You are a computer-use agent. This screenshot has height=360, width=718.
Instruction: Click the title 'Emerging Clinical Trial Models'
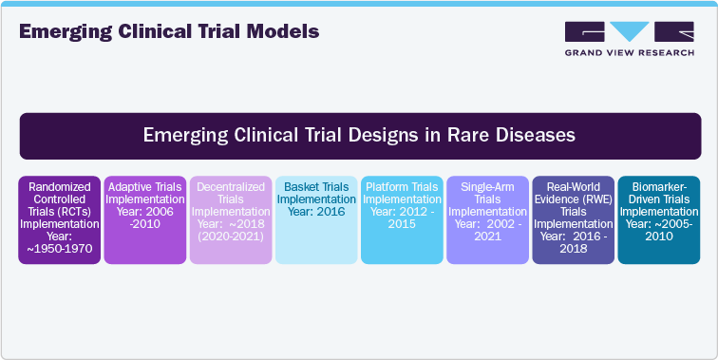[169, 31]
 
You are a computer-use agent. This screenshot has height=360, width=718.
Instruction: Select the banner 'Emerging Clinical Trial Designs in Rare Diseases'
[360, 135]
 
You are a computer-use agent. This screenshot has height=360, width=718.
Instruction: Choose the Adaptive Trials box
[144, 219]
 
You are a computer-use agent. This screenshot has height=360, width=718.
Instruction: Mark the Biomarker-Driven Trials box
[658, 219]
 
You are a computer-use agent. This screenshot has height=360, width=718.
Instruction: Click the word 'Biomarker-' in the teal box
[658, 187]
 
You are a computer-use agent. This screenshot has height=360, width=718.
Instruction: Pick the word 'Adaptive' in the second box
[130, 187]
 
